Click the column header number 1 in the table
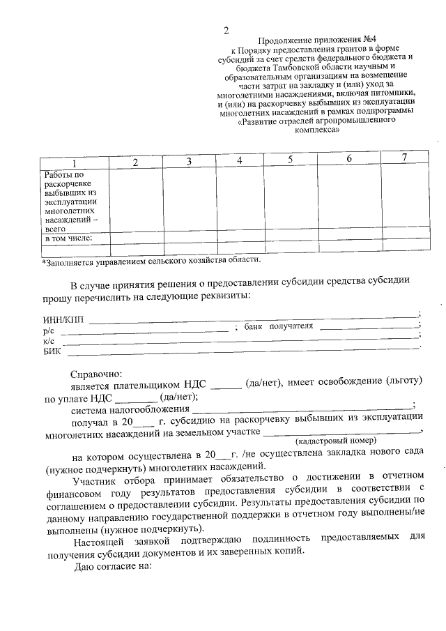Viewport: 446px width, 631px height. pyautogui.click(x=75, y=162)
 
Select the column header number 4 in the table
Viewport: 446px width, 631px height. pyautogui.click(x=239, y=160)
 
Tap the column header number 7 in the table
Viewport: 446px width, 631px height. pyautogui.click(x=403, y=157)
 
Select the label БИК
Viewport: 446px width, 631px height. pyautogui.click(x=52, y=350)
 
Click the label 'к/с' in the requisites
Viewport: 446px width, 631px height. pyautogui.click(x=49, y=340)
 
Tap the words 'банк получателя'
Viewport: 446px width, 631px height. pyautogui.click(x=279, y=326)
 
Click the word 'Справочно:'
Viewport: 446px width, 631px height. pyautogui.click(x=97, y=374)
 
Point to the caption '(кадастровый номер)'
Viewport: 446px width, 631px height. pyautogui.click(x=335, y=441)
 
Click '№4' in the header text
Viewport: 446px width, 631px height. pyautogui.click(x=366, y=41)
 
